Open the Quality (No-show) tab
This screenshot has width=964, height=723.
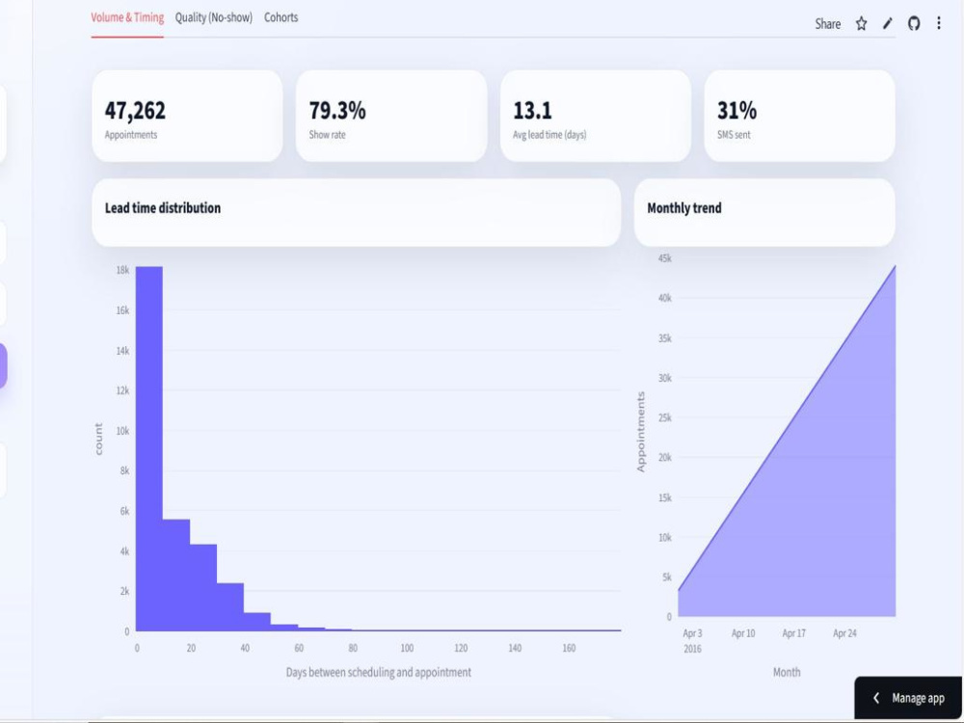(213, 17)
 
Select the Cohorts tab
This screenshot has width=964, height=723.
(281, 17)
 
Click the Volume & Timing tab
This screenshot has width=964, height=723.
(127, 17)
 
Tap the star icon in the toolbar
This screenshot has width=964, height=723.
(861, 24)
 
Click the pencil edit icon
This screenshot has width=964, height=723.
(887, 24)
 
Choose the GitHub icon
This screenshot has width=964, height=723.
(914, 24)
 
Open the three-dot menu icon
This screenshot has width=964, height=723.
(939, 23)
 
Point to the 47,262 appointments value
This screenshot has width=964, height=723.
(135, 111)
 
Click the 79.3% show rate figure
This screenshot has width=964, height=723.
(337, 111)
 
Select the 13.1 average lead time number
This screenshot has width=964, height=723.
(532, 111)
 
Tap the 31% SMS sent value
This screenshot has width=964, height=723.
(736, 111)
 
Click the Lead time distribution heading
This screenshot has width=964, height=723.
(163, 208)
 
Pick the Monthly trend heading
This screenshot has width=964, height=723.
(684, 208)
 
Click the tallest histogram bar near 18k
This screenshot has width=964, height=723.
(149, 449)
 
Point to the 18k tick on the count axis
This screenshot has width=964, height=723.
(122, 270)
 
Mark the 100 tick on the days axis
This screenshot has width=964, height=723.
(407, 648)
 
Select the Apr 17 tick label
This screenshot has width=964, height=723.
(793, 633)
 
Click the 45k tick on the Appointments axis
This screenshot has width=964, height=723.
(664, 258)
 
